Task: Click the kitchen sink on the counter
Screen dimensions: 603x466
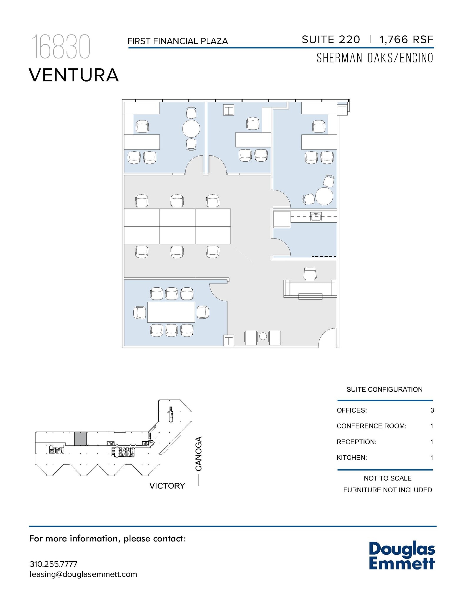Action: click(316, 217)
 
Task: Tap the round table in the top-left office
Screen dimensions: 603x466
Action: click(191, 129)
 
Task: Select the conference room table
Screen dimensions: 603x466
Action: click(171, 312)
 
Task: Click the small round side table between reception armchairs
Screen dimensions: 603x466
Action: click(263, 336)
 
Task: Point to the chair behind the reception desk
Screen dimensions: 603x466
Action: click(310, 274)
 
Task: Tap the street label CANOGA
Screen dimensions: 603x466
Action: click(198, 454)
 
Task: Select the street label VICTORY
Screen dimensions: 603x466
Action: click(167, 486)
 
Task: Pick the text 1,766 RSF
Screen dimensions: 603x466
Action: click(407, 40)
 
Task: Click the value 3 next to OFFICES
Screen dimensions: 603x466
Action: click(432, 410)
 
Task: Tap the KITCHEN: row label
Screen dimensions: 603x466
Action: click(351, 458)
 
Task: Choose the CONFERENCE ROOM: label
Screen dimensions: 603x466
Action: click(371, 426)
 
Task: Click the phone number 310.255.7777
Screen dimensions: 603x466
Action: click(54, 564)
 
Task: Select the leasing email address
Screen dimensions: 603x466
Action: click(83, 574)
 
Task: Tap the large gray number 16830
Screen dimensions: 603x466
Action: click(60, 47)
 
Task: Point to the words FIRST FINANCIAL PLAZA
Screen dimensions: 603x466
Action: click(178, 41)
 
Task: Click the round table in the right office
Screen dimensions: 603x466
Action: click(324, 196)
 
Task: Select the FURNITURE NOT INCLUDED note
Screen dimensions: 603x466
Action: click(387, 490)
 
